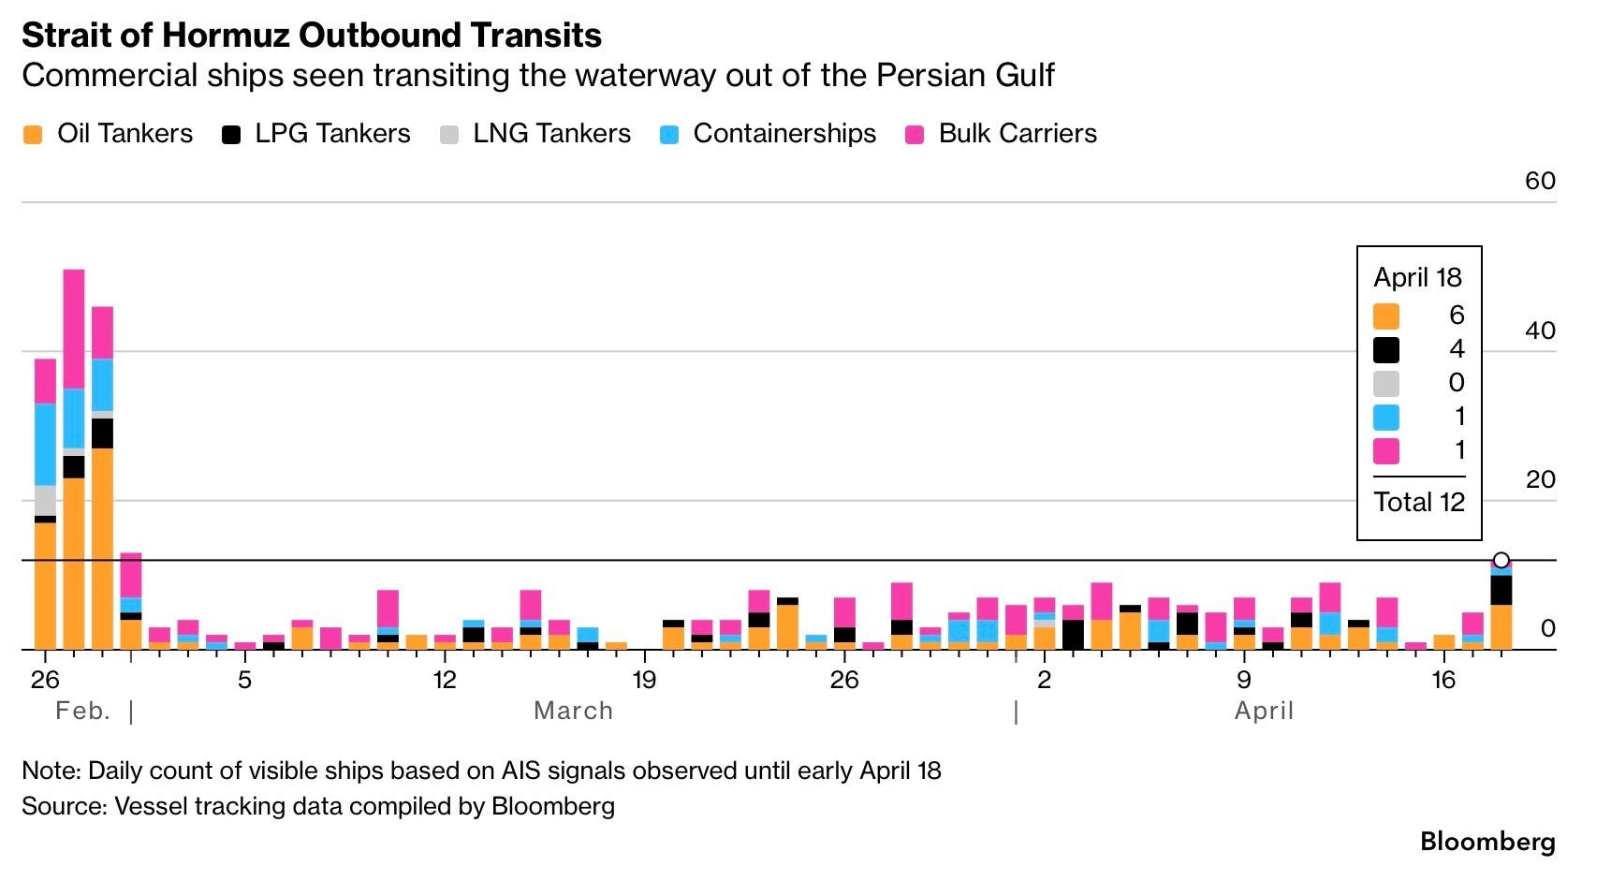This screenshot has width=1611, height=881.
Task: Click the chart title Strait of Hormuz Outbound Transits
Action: [x=312, y=35]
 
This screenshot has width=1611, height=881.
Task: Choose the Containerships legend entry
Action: [x=768, y=134]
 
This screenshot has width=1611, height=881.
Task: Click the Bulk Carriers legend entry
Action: [x=1001, y=134]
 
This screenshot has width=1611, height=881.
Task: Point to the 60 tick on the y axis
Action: [x=1540, y=181]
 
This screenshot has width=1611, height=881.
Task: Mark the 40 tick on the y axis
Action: [x=1540, y=330]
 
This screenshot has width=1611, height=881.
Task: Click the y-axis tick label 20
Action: [x=1540, y=479]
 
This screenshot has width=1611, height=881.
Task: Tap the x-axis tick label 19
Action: [x=644, y=680]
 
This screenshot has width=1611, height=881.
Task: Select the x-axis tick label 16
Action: [x=1443, y=680]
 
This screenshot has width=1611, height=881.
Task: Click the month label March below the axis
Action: [x=573, y=712]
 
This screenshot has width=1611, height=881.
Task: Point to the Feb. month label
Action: [x=82, y=712]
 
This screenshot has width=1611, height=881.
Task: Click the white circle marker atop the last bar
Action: [x=1501, y=561]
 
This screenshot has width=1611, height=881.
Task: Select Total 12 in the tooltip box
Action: [x=1419, y=503]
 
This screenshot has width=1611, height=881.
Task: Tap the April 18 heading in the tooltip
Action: [x=1417, y=278]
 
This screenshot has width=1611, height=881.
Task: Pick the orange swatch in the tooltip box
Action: [x=1386, y=316]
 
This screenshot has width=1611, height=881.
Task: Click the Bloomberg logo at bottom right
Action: [x=1487, y=842]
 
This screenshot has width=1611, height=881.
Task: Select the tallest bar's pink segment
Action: [x=74, y=329]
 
